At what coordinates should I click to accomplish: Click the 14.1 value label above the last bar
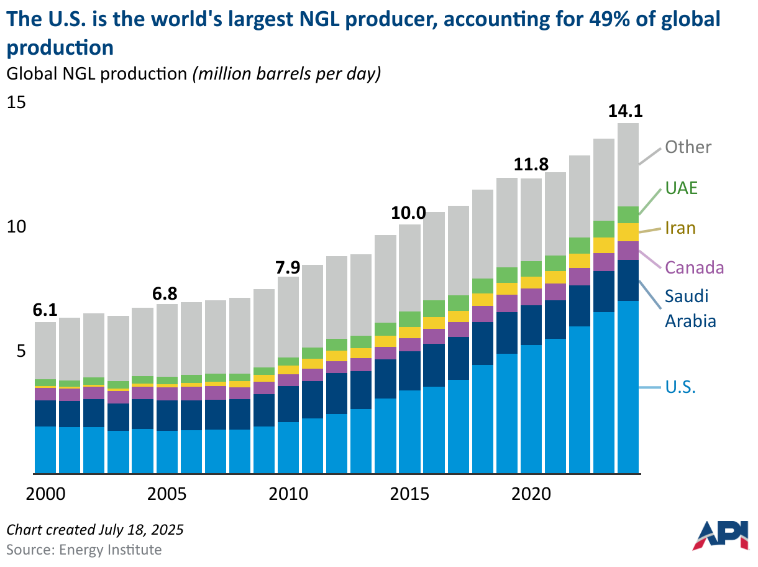point(625,111)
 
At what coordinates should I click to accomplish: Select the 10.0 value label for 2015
point(408,213)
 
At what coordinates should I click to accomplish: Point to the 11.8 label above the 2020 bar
point(531,165)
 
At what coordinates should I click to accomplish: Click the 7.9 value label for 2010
point(288,267)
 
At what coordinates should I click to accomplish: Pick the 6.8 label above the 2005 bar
point(166,293)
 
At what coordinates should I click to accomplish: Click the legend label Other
point(688,147)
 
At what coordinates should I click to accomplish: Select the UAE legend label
point(681,188)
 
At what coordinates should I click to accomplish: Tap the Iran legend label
point(680,228)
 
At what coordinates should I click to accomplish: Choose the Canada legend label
point(695,268)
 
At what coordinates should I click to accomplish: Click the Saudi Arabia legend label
point(690,308)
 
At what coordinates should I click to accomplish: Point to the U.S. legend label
point(680,387)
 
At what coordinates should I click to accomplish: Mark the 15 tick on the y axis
point(17,102)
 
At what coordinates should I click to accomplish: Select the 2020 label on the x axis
point(532,495)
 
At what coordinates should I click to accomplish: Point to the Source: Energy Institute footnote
point(84,550)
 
